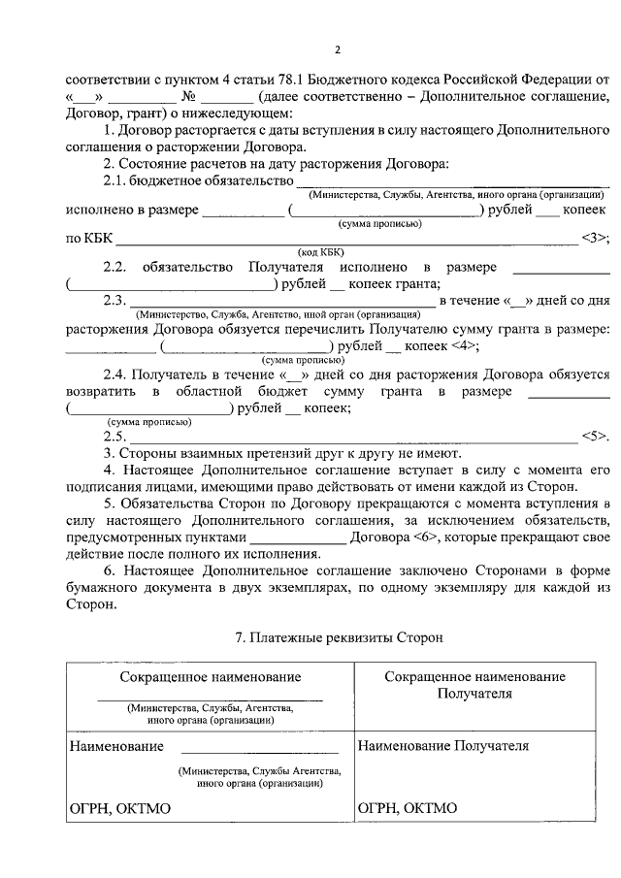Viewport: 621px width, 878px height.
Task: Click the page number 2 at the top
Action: [x=338, y=50]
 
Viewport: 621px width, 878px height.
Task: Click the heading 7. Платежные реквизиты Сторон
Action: [x=339, y=637]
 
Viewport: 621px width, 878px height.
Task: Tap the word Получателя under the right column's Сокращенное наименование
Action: [x=474, y=695]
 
